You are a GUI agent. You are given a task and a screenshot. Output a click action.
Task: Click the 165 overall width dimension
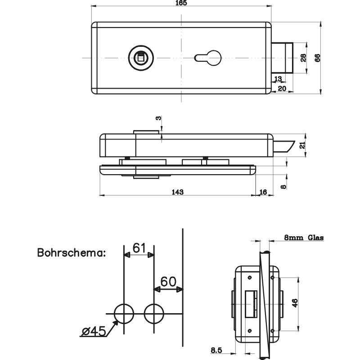point(181,3)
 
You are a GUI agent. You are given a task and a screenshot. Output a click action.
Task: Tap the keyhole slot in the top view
point(207,57)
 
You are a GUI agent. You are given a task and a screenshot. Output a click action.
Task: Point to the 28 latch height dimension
point(303,58)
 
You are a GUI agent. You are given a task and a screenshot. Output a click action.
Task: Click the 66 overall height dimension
point(317,58)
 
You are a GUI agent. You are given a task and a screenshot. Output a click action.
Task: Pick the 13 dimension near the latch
point(278,79)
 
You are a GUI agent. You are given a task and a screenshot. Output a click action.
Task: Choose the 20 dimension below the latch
point(282,89)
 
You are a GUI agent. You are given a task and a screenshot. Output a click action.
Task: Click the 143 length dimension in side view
point(178,192)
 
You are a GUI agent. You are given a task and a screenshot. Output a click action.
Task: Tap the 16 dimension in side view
point(263,192)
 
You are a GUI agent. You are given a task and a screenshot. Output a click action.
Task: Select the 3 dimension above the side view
point(158,118)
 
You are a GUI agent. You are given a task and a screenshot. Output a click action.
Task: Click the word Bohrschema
point(71,252)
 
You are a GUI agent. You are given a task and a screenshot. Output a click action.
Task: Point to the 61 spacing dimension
point(139,247)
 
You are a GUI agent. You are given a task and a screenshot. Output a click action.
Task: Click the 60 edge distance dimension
point(168,282)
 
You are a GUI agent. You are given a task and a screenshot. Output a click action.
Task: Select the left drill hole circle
point(124,314)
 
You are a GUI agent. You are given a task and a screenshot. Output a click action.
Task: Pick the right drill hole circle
point(154,314)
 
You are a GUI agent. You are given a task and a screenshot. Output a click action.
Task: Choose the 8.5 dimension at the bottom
point(216,350)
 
